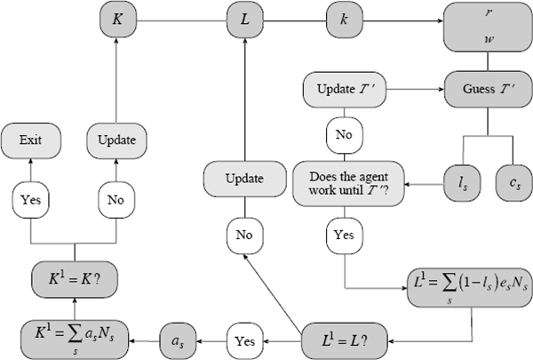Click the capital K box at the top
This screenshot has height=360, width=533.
[x=117, y=18]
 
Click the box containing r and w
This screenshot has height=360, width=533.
[x=488, y=29]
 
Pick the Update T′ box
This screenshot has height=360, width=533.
[x=343, y=90]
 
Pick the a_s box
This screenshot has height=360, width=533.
[x=179, y=339]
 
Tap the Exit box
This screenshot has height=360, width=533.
[x=32, y=140]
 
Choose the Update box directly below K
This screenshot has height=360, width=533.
[x=117, y=140]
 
